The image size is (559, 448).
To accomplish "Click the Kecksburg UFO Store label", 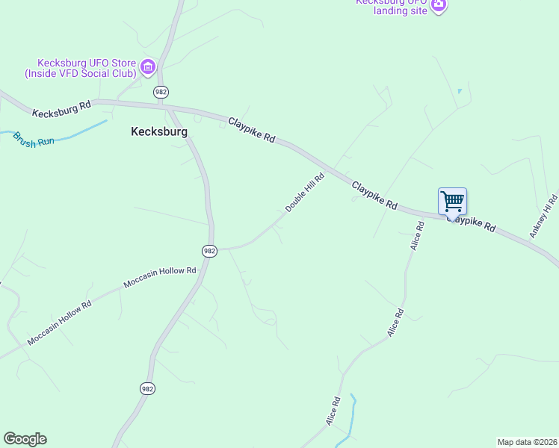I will (x=80, y=67).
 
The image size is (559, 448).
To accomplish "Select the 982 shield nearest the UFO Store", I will (x=161, y=91).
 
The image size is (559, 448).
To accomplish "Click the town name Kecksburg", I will (x=158, y=131).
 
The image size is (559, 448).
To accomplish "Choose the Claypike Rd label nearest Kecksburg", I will (x=252, y=130).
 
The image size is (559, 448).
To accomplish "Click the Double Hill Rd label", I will (x=305, y=192).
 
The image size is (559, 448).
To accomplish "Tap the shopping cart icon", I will (x=452, y=201).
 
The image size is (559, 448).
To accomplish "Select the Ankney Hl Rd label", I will (x=544, y=216).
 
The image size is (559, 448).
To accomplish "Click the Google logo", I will (x=25, y=439).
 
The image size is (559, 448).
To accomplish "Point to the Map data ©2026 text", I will (x=527, y=441).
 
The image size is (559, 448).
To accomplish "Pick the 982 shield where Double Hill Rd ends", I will (x=209, y=251).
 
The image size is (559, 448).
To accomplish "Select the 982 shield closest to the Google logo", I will (x=147, y=388).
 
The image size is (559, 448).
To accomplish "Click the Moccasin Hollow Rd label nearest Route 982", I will (x=160, y=278).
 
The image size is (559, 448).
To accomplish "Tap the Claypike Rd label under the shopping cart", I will (x=472, y=223).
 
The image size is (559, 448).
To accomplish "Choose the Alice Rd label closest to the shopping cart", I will (x=417, y=240).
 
